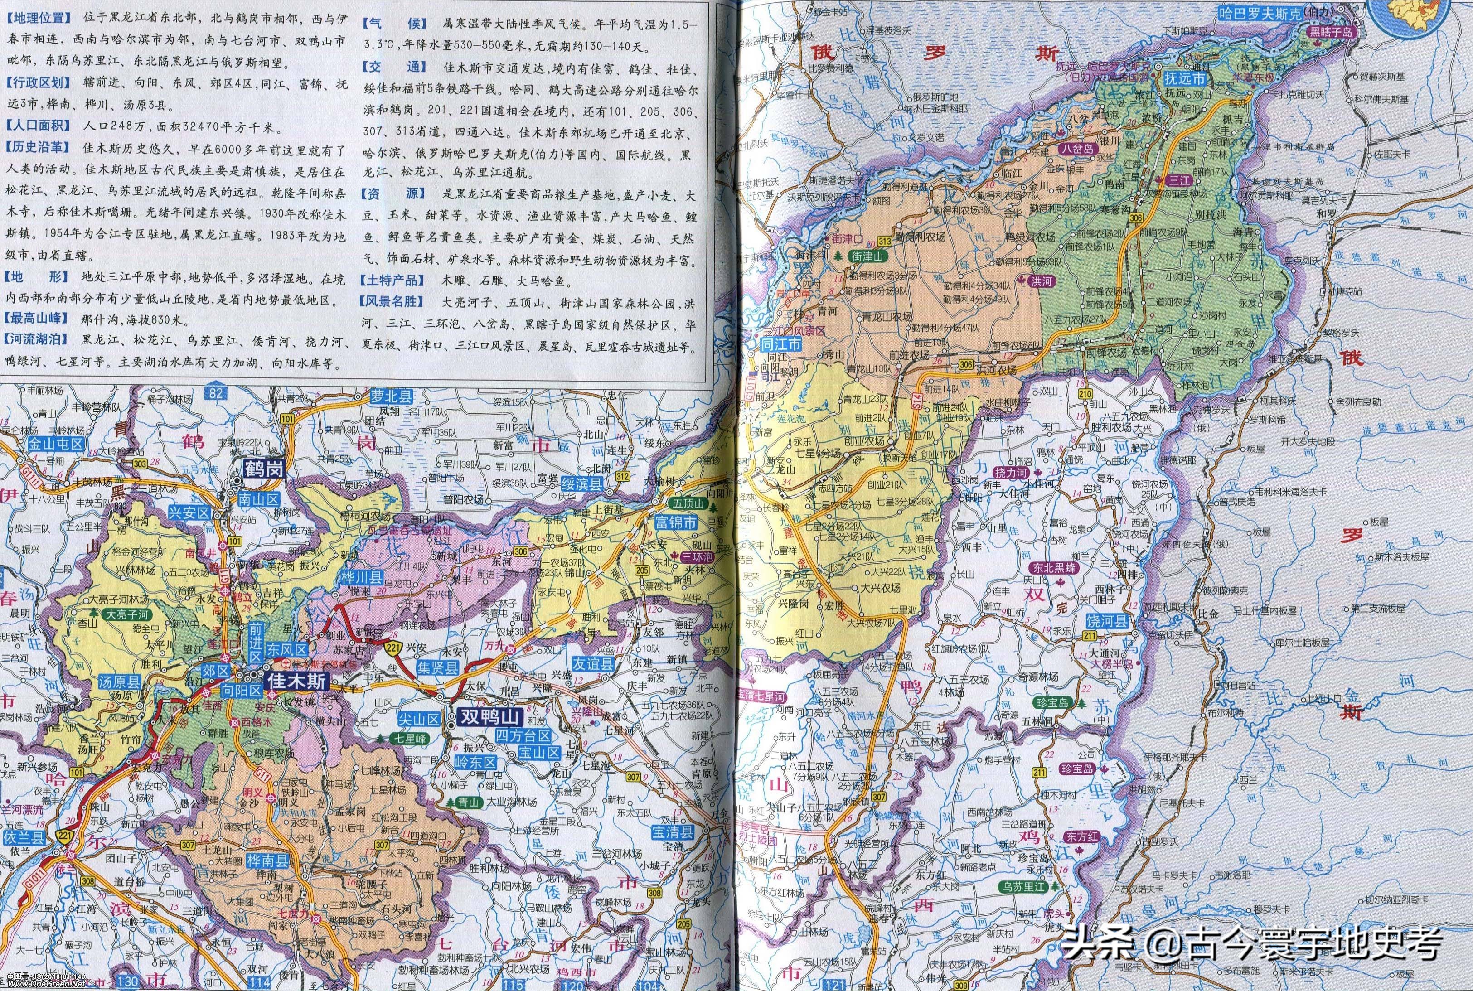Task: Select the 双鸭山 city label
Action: (489, 718)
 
